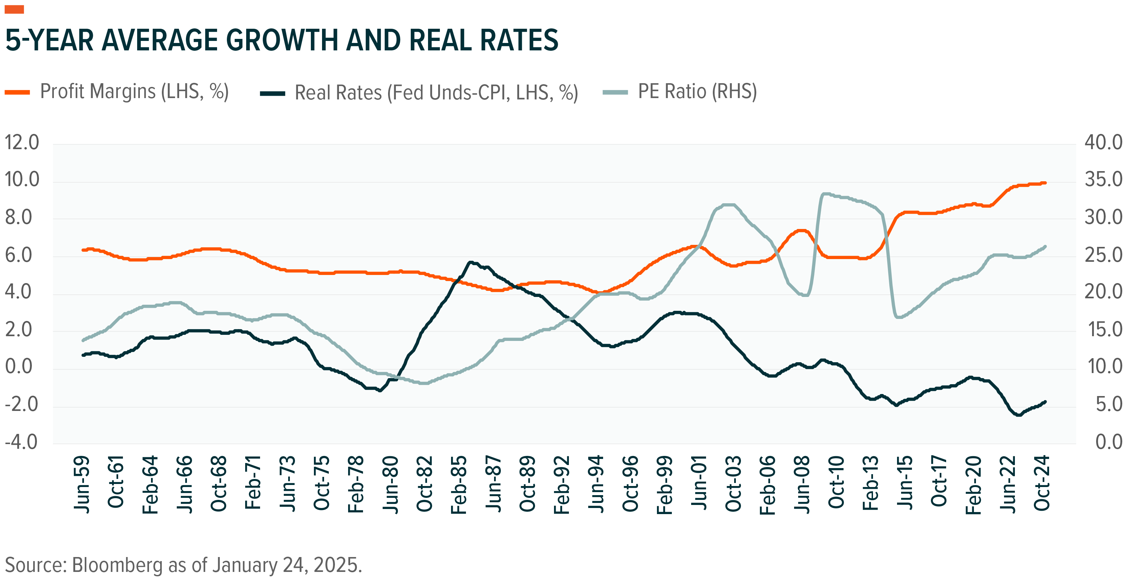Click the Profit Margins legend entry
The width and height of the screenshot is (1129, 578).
[134, 92]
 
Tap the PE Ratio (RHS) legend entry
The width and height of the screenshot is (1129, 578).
[697, 92]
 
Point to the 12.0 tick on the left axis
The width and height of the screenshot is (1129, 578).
[22, 143]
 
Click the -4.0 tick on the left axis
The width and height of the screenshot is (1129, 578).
[21, 442]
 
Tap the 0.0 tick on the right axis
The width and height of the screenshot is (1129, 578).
[1108, 442]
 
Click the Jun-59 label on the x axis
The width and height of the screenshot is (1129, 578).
[82, 484]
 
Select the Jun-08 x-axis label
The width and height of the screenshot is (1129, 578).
[802, 484]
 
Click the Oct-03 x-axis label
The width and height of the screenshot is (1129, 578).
[733, 484]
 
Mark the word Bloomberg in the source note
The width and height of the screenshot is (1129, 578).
[117, 565]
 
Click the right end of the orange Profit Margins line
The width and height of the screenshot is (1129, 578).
[1045, 183]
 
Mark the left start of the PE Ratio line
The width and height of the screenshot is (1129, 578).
[83, 340]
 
